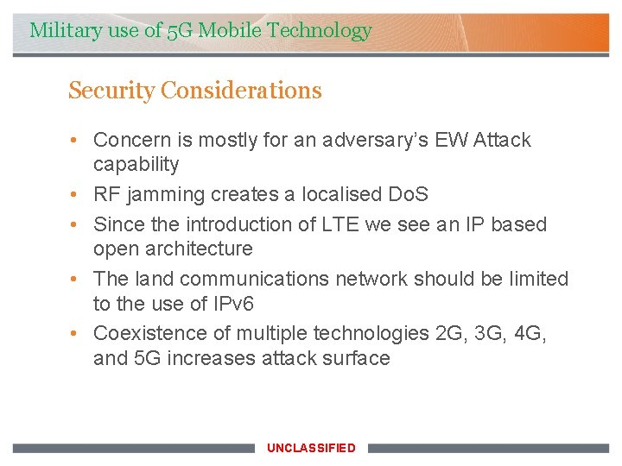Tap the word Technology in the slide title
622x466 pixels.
click(x=320, y=31)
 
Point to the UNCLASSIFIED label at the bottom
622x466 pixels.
click(x=311, y=448)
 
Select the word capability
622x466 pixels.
click(x=136, y=165)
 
